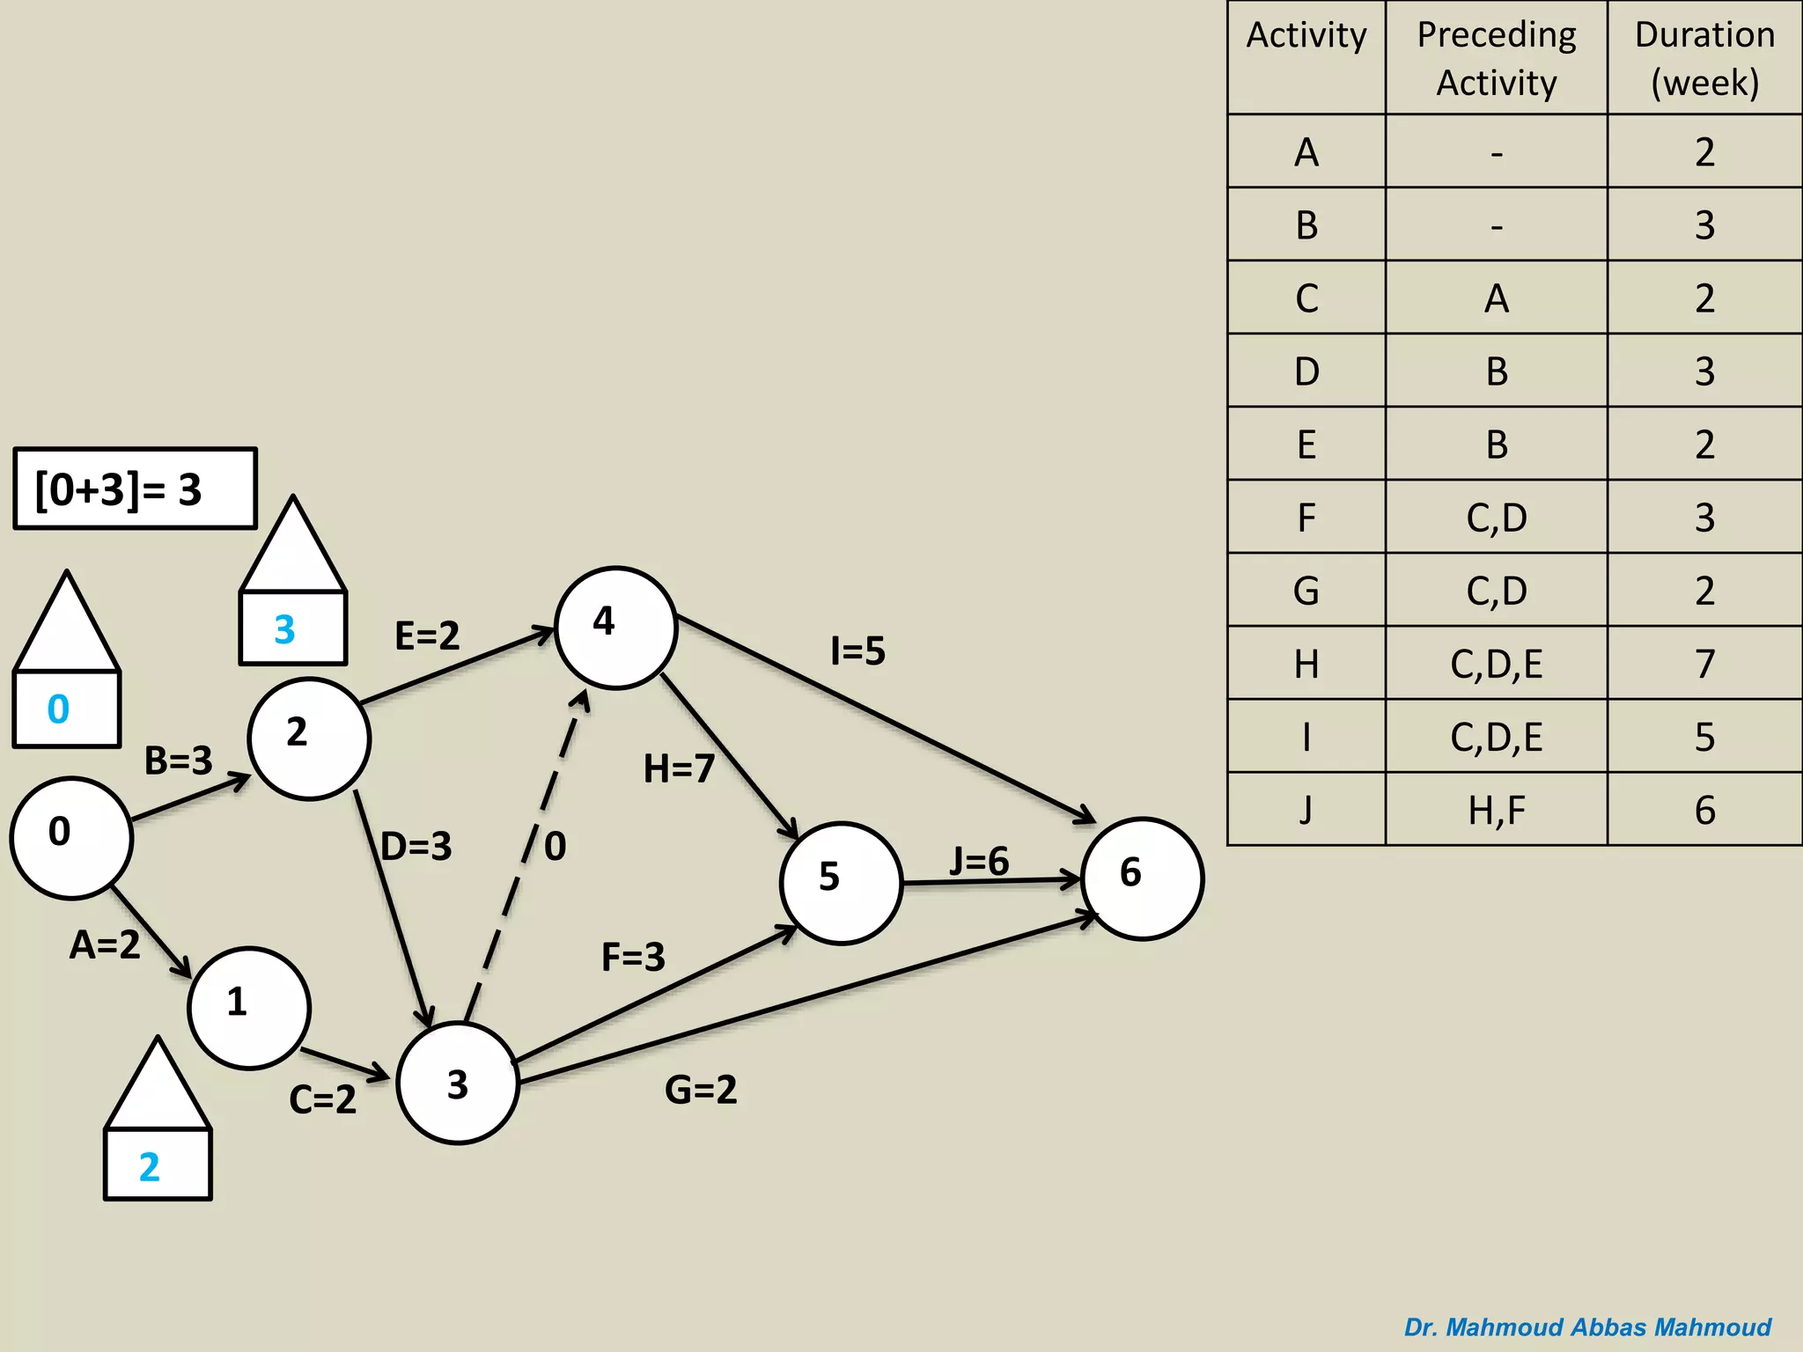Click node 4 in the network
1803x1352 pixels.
615,628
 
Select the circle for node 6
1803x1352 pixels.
1142,878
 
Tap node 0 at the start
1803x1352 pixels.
71,838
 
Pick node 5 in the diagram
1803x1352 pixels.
841,883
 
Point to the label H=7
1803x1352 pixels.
679,768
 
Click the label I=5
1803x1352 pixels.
857,651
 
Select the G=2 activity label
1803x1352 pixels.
701,1090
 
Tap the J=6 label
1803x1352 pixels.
979,861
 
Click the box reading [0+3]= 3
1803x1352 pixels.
135,489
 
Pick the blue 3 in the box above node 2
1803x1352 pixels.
284,629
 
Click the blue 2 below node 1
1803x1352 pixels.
150,1167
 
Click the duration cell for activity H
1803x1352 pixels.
1704,664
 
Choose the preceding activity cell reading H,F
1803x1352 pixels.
1496,810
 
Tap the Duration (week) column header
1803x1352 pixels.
1704,58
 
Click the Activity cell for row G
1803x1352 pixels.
1306,591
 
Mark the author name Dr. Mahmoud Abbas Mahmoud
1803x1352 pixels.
1586,1326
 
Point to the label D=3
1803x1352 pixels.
416,847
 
